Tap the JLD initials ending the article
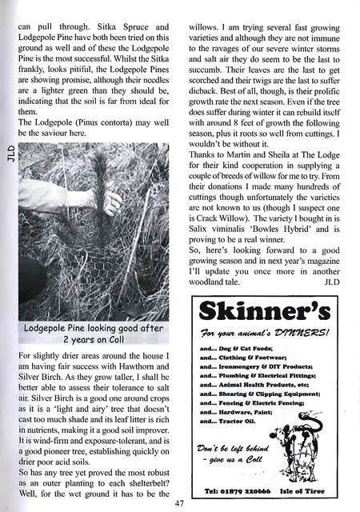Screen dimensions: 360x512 point(330,280)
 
